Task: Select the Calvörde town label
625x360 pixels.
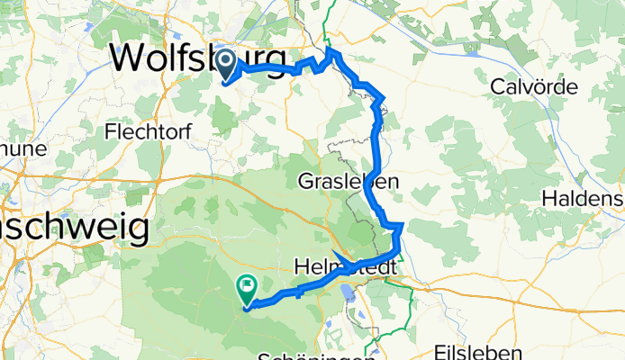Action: tap(537, 86)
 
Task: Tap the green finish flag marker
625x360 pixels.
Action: tap(246, 289)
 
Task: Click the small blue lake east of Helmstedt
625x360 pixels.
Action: tap(349, 292)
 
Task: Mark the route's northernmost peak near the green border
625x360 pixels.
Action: tap(331, 50)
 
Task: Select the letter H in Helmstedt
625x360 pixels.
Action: tap(303, 267)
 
